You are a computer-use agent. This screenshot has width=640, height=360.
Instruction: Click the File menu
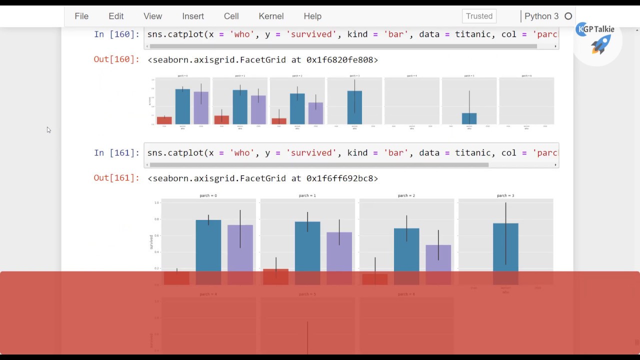(81, 16)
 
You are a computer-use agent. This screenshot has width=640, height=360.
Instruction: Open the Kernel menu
(271, 16)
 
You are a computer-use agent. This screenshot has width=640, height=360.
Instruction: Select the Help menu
(312, 16)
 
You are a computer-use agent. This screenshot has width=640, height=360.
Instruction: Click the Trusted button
(479, 16)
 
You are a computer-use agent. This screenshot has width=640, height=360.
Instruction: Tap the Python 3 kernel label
(541, 16)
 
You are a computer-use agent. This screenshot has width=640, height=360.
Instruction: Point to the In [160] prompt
(116, 34)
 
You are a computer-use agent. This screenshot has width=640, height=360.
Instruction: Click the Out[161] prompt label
(116, 178)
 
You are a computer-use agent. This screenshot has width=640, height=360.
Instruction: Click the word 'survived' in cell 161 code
(310, 153)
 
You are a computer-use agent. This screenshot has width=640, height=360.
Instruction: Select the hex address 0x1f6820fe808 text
(342, 60)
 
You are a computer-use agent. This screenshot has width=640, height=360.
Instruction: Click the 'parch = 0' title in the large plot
(208, 195)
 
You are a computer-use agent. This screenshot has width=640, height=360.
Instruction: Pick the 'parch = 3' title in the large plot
(505, 195)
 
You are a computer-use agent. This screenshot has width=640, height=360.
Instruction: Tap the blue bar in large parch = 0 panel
(208, 245)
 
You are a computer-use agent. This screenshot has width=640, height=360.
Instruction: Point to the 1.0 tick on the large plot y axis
(156, 202)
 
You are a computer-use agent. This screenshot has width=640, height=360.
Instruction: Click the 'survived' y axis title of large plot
(151, 242)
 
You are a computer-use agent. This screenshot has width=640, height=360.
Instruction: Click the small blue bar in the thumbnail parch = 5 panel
(469, 119)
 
